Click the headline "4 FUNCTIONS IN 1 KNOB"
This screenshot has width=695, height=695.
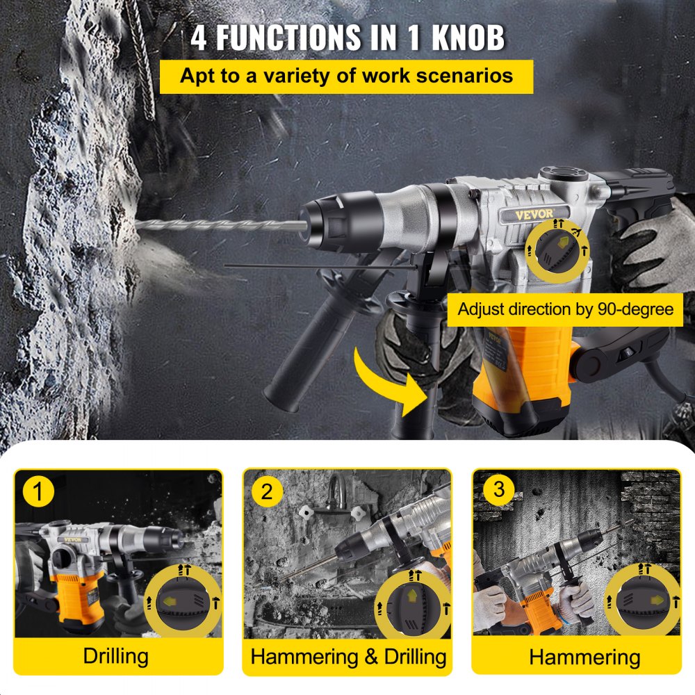click(347, 38)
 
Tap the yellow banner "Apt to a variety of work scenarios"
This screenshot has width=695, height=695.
click(346, 76)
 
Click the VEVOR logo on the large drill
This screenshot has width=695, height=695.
click(542, 214)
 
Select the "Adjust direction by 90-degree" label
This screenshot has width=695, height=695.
click(565, 309)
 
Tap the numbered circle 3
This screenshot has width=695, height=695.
click(498, 489)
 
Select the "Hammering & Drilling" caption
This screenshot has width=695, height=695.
click(348, 655)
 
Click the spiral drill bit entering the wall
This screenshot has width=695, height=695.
click(215, 226)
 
